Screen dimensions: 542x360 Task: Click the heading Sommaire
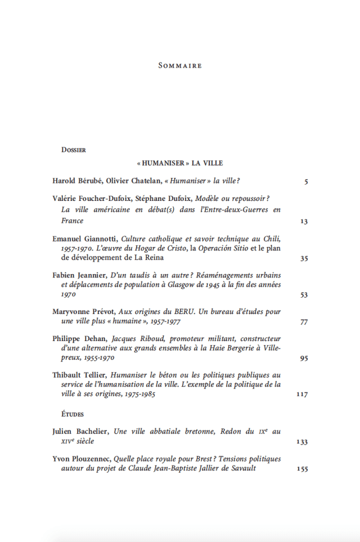pyautogui.click(x=180, y=66)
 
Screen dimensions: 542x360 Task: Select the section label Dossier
pyautogui.click(x=73, y=150)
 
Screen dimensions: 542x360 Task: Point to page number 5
pyautogui.click(x=306, y=182)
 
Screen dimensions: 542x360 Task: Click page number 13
pyautogui.click(x=304, y=221)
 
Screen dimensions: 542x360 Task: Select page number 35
pyautogui.click(x=304, y=259)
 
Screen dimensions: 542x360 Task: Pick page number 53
pyautogui.click(x=304, y=295)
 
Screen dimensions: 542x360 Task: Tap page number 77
pyautogui.click(x=304, y=322)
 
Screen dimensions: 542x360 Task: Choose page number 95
pyautogui.click(x=304, y=358)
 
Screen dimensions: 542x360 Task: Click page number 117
pyautogui.click(x=302, y=395)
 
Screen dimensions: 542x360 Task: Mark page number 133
pyautogui.click(x=302, y=442)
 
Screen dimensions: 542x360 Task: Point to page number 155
pyautogui.click(x=302, y=469)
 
